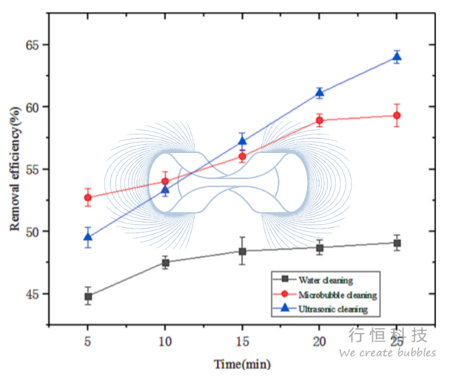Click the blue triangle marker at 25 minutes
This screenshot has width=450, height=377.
397,57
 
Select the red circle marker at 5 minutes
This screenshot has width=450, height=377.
88,198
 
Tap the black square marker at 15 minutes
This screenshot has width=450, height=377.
243,251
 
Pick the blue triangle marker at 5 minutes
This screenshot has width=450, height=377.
88,237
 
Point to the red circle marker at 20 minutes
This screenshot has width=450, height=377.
320,120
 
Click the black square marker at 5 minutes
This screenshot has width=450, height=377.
88,296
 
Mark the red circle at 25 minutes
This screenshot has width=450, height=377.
397,116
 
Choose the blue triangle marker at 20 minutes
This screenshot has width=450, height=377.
320,93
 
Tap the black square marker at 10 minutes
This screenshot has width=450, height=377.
165,263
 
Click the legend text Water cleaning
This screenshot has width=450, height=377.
326,280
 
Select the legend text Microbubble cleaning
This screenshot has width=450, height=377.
338,295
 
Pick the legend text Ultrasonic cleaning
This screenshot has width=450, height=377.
333,309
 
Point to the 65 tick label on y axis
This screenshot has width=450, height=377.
32,45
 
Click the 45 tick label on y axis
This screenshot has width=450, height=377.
32,294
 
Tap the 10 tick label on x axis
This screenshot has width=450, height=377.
165,342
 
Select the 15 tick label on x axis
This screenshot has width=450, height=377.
243,342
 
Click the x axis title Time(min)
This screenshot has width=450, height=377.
242,364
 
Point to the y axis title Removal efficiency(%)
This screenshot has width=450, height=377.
15,169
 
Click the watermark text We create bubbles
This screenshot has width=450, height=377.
387,352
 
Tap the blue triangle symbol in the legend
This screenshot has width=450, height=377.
285,308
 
